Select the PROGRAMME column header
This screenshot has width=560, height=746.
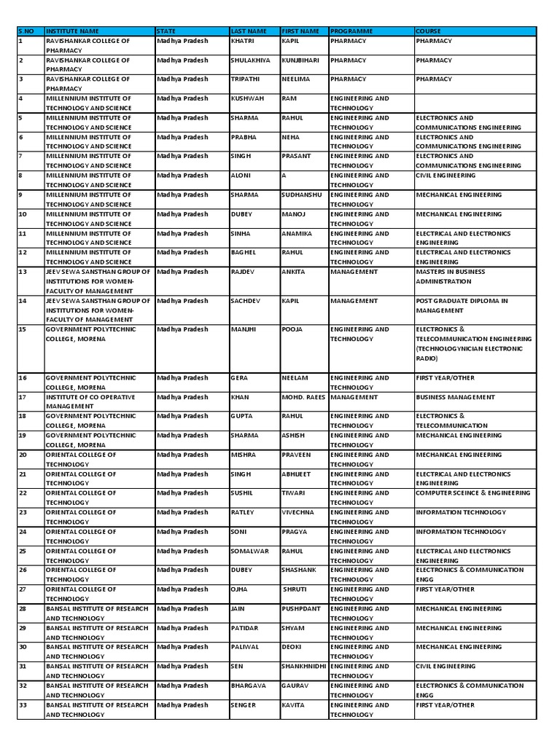[351, 31]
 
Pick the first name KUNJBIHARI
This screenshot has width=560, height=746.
[300, 60]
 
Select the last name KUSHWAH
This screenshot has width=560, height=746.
[247, 98]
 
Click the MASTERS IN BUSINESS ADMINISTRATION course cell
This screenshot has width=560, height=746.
[449, 276]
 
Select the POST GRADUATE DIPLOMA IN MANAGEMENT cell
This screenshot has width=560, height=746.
[461, 305]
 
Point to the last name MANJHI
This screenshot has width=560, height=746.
[244, 329]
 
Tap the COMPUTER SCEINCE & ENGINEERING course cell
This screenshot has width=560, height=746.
[472, 493]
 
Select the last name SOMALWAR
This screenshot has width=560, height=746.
[249, 551]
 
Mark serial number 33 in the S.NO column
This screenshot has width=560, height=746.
[23, 705]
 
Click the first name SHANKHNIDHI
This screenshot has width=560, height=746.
[304, 667]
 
